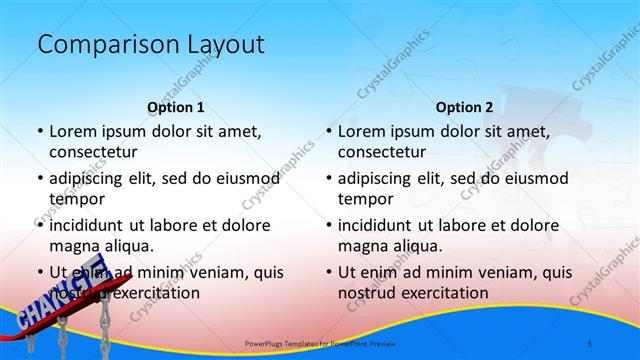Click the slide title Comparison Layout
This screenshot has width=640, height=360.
click(x=150, y=45)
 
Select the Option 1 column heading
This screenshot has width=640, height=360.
click(x=176, y=107)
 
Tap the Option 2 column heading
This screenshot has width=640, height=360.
click(x=465, y=107)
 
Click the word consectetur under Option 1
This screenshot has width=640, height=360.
click(x=93, y=152)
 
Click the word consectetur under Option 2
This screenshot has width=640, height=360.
click(x=382, y=152)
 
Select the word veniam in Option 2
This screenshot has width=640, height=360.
click(x=474, y=272)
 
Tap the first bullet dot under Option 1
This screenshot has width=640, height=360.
click(x=38, y=132)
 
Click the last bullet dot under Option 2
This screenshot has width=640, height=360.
click(x=327, y=272)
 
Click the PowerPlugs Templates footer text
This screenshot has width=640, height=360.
click(x=316, y=343)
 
